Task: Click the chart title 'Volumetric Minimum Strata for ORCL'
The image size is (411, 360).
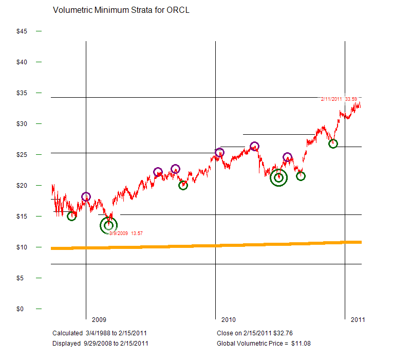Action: pyautogui.click(x=121, y=10)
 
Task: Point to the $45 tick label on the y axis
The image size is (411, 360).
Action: pyautogui.click(x=22, y=31)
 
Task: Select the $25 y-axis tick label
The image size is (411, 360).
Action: pyautogui.click(x=22, y=155)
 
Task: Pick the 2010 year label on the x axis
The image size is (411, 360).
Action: pyautogui.click(x=228, y=319)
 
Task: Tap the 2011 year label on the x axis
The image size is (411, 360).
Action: pyautogui.click(x=358, y=319)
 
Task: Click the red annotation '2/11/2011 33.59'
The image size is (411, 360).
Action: pyautogui.click(x=339, y=99)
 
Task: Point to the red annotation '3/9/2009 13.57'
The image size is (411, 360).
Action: pyautogui.click(x=126, y=233)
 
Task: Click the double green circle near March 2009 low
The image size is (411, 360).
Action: pyautogui.click(x=108, y=225)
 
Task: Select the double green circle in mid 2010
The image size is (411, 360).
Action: pyautogui.click(x=278, y=177)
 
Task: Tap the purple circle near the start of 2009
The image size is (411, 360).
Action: pyautogui.click(x=86, y=196)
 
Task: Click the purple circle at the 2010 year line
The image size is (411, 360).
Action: pyautogui.click(x=219, y=152)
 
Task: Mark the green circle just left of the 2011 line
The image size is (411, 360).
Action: pyautogui.click(x=333, y=143)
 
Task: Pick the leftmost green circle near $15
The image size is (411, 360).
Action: pyautogui.click(x=71, y=216)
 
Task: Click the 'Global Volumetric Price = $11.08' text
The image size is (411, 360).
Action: pyautogui.click(x=264, y=343)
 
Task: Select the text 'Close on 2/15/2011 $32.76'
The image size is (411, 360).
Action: pyautogui.click(x=254, y=333)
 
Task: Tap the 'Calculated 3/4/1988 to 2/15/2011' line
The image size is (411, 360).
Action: pyautogui.click(x=100, y=333)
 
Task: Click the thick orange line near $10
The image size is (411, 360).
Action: pyautogui.click(x=206, y=245)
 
